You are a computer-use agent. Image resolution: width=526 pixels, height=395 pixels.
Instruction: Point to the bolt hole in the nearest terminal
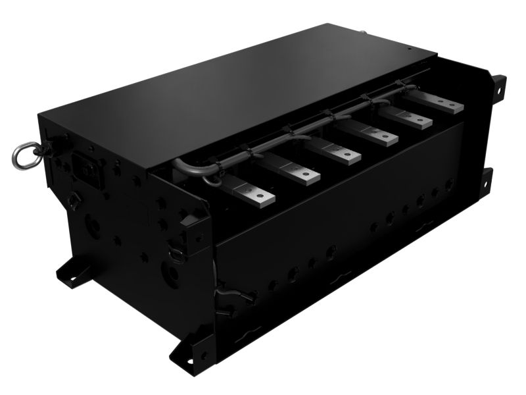point(261,196)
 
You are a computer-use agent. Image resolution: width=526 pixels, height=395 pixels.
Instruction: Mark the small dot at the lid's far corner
point(408,49)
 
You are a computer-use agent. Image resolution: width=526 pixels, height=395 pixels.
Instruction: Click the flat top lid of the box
point(243,92)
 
